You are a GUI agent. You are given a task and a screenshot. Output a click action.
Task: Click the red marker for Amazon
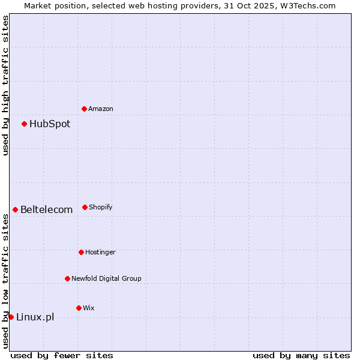tap(84, 109)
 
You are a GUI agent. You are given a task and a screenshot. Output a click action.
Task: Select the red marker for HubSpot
tap(24, 124)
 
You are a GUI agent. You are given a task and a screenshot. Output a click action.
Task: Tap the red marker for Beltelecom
tap(15, 209)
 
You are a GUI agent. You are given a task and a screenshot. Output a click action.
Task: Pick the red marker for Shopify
tap(85, 207)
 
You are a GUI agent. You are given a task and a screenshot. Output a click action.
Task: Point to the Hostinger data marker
tap(81, 252)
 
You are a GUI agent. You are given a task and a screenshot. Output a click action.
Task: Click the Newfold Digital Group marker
tap(67, 278)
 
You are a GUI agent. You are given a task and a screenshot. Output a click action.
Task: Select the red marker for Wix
tap(79, 308)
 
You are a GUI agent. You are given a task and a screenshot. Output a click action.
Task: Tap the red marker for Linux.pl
tap(11, 317)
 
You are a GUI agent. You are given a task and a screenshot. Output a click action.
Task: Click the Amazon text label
tap(101, 109)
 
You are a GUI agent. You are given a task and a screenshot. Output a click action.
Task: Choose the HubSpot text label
tap(50, 124)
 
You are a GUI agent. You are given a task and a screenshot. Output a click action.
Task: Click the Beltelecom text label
tap(46, 210)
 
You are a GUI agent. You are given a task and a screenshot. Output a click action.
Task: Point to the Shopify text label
tap(101, 207)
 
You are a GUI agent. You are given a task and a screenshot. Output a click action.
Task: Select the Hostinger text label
tap(100, 252)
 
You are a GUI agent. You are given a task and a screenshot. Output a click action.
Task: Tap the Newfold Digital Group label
tap(106, 278)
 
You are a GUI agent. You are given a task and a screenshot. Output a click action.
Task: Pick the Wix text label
tap(89, 308)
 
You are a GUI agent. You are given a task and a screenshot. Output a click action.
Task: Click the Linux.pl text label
tap(35, 317)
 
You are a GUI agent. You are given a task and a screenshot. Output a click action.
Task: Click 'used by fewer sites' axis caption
tap(62, 355)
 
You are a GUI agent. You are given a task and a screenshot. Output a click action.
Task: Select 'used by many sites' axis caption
tap(301, 355)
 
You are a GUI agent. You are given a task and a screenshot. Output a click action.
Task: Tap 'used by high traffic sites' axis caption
tap(5, 85)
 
